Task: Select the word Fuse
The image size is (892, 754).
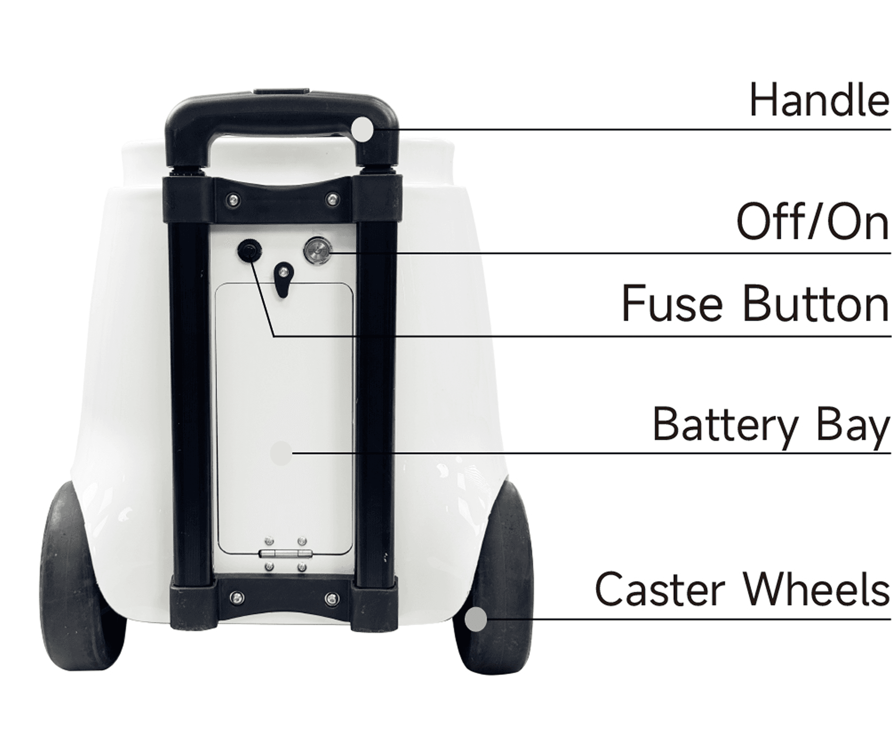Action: click(672, 303)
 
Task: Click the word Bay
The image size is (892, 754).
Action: click(853, 426)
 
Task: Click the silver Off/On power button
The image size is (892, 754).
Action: click(318, 251)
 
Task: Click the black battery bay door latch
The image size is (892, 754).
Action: click(283, 279)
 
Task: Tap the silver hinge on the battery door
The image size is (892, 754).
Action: click(286, 553)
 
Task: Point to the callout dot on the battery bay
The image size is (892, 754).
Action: click(282, 453)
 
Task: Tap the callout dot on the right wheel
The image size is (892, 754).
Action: click(476, 619)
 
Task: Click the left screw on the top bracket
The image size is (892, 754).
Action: click(233, 200)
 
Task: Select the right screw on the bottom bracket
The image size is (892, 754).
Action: click(332, 598)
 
